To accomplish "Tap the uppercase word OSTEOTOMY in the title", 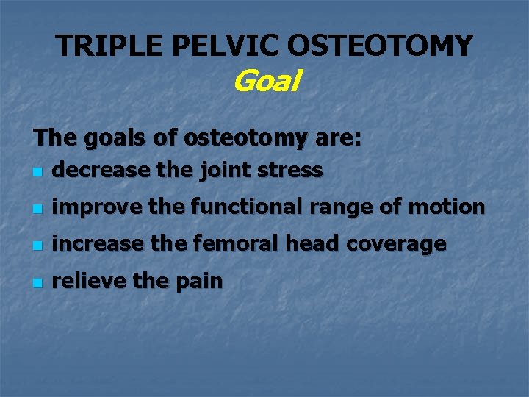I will [380, 46].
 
